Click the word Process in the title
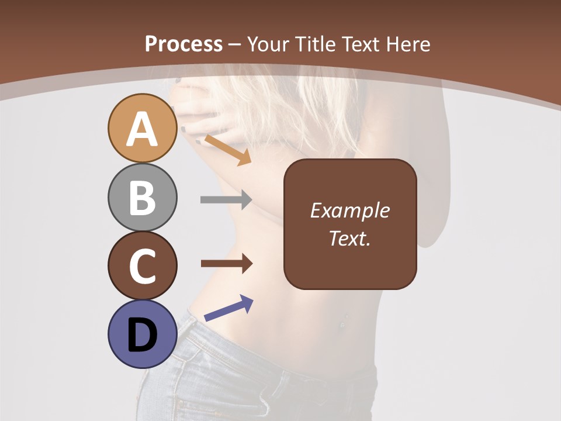pos(183,44)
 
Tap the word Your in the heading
pos(269,44)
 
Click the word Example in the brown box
pos(350,210)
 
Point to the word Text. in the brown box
pos(350,238)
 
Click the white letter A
pos(143,129)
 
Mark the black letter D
pos(143,335)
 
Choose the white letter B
pos(143,198)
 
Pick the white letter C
pos(143,266)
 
